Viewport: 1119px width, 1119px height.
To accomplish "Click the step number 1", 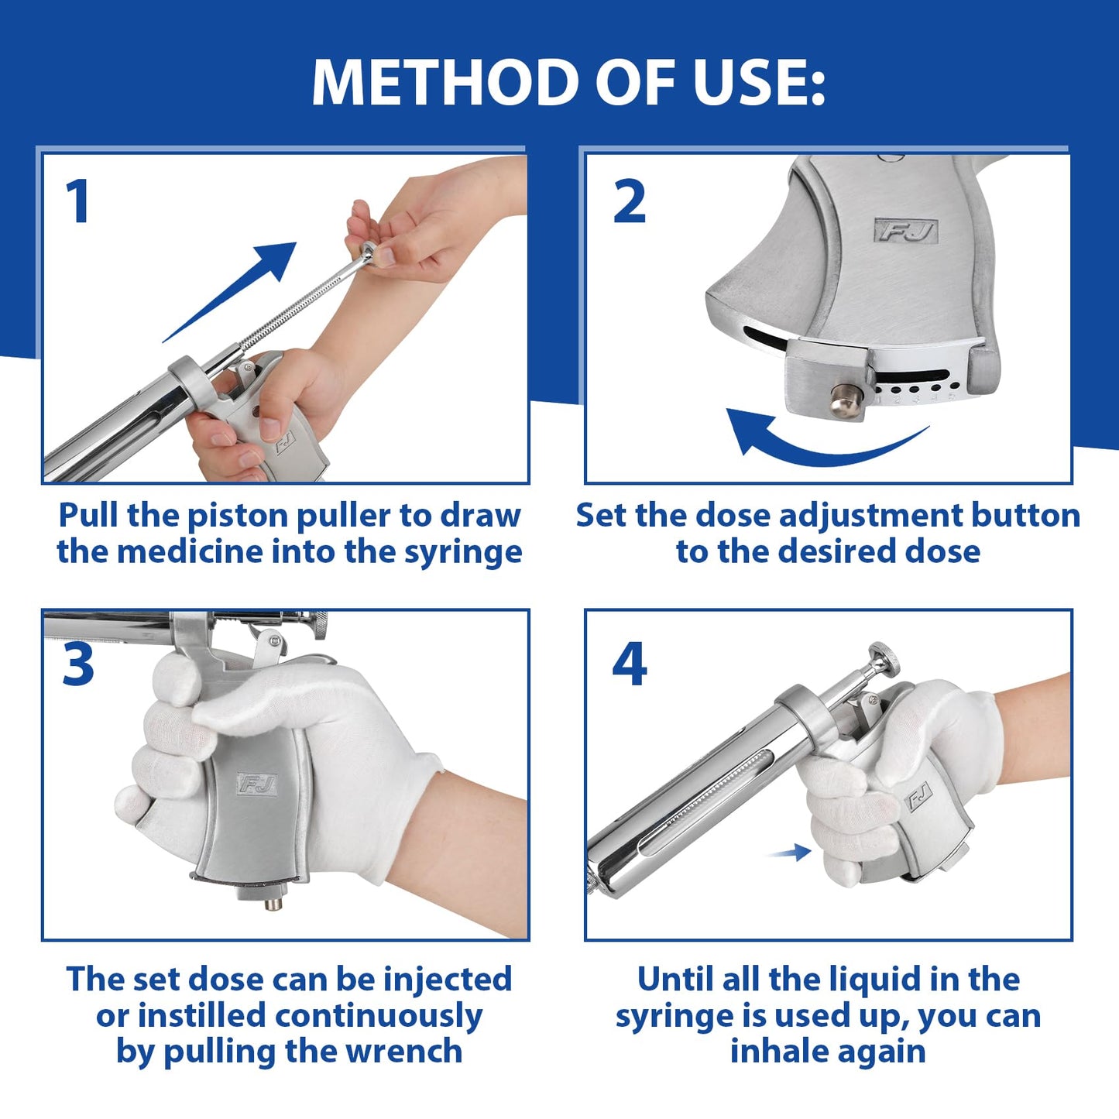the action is [x=77, y=201].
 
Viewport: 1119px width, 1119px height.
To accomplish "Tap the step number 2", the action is [x=630, y=201].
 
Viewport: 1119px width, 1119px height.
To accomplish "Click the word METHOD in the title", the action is [x=445, y=82].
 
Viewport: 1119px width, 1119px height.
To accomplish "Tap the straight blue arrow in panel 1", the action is [x=229, y=292].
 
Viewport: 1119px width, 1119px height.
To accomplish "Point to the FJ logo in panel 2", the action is [x=905, y=231].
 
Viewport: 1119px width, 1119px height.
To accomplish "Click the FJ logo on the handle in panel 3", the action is [x=256, y=784].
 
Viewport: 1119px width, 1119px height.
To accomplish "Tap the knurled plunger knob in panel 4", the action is [x=884, y=659].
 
